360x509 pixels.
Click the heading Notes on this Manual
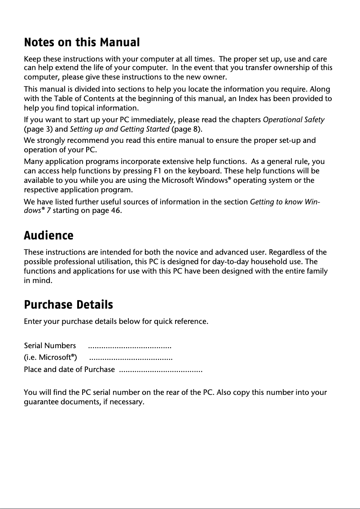pos(82,43)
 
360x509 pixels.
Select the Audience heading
pos(48,235)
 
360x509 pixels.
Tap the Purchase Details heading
pos(68,305)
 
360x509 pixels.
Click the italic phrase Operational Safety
pos(294,120)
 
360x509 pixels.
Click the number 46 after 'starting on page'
pos(115,211)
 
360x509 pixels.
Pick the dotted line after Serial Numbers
pos(130,346)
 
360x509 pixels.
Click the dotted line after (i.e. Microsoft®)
pos(131,358)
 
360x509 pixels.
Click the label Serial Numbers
pos(50,346)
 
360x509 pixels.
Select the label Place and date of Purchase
pos(69,370)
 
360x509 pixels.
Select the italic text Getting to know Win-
pos(285,201)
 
